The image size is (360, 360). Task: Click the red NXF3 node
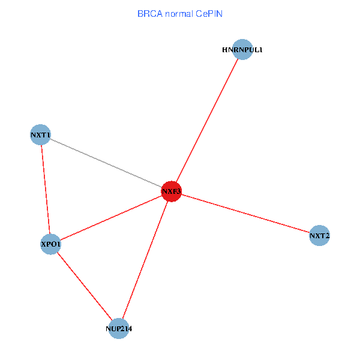(171, 192)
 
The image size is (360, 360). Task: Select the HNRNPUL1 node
(242, 50)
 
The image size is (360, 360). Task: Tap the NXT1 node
(40, 135)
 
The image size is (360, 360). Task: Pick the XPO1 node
(50, 244)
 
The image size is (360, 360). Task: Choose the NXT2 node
(319, 236)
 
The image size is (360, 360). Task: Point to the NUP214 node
(119, 329)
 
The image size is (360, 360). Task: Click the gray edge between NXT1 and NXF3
(106, 163)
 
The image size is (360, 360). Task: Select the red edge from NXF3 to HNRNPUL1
(207, 121)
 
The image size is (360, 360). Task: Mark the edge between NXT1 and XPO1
(46, 190)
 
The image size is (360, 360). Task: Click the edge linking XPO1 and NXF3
(111, 218)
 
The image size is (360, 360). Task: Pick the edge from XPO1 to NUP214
(85, 287)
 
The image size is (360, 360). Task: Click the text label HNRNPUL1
(242, 50)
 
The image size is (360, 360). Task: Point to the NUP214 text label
(119, 329)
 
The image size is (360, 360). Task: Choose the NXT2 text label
(319, 236)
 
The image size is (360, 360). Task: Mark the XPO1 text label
(50, 244)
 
